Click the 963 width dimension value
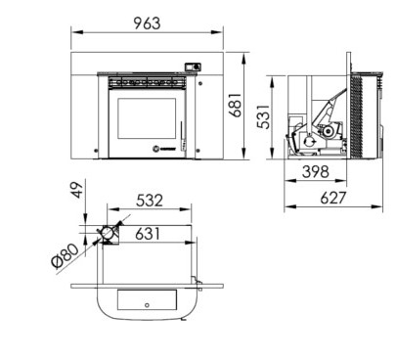[x=147, y=23]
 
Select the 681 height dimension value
[x=235, y=105]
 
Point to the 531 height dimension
[x=263, y=116]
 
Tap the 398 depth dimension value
[x=316, y=171]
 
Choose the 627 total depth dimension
[x=332, y=198]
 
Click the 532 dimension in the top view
[x=150, y=201]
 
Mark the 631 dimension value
[x=148, y=234]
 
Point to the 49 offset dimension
[x=77, y=190]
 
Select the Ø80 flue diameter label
[x=66, y=255]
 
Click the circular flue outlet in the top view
[x=107, y=233]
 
